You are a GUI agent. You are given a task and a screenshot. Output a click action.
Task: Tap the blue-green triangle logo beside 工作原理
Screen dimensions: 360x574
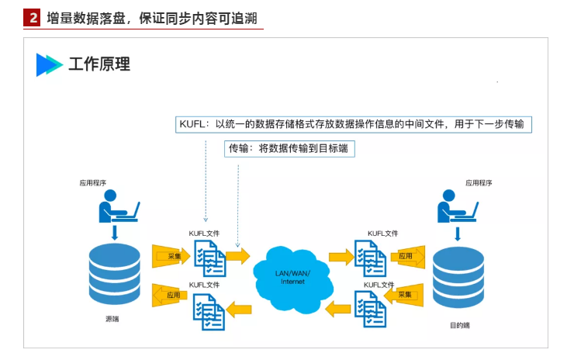pos(49,65)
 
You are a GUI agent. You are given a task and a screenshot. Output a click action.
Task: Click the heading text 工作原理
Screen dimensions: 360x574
pos(99,64)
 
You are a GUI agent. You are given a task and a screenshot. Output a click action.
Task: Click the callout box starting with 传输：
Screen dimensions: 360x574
pos(290,148)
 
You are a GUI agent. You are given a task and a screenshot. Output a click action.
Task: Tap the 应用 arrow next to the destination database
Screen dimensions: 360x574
pos(406,255)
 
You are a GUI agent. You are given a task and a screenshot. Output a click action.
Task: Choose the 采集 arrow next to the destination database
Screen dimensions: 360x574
pos(406,295)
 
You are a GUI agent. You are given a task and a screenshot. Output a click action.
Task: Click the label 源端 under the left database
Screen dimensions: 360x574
pos(113,319)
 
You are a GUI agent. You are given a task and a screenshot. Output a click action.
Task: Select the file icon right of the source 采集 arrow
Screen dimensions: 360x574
pos(209,257)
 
